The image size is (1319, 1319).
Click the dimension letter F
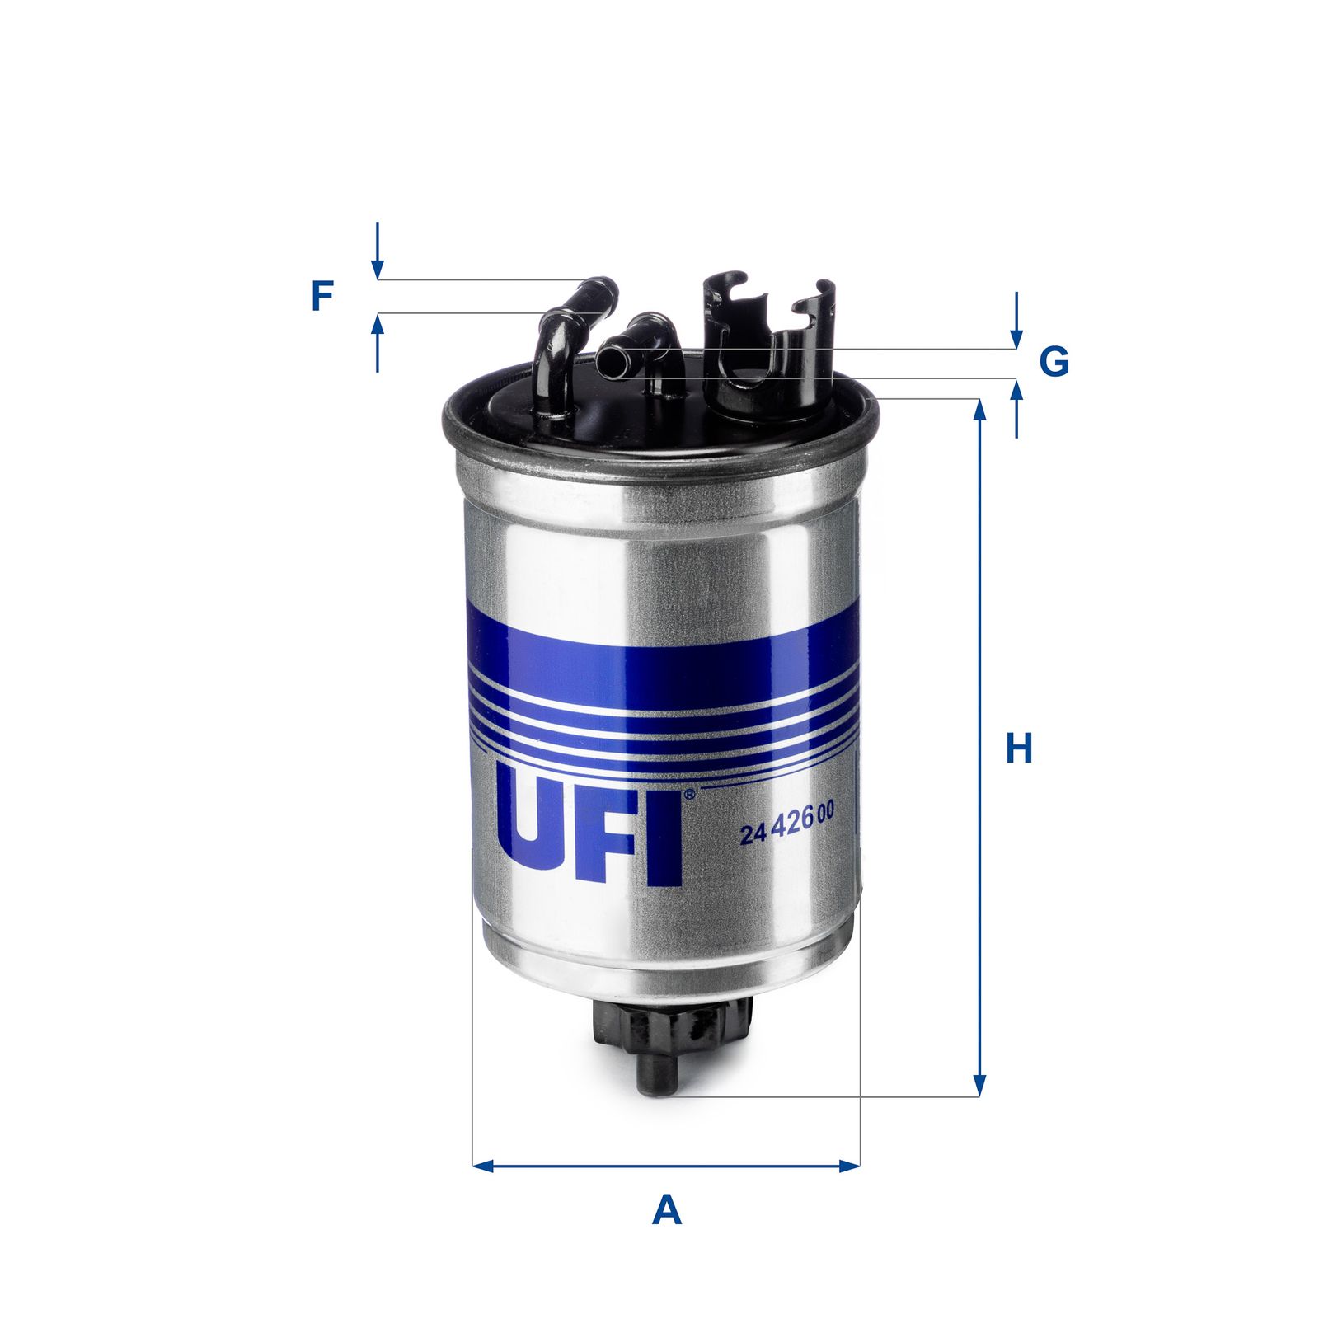(322, 296)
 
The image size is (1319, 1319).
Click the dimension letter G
(1054, 361)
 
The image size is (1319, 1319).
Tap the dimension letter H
(1019, 749)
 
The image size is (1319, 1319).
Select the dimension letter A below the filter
(666, 1210)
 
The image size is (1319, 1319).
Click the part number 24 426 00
(787, 833)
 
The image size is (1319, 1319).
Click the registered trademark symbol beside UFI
(689, 794)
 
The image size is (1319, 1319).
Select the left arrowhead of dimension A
(482, 1166)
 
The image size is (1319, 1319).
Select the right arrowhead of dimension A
(850, 1166)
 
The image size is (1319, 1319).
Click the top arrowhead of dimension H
(979, 410)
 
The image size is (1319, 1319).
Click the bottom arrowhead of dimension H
(979, 1086)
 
